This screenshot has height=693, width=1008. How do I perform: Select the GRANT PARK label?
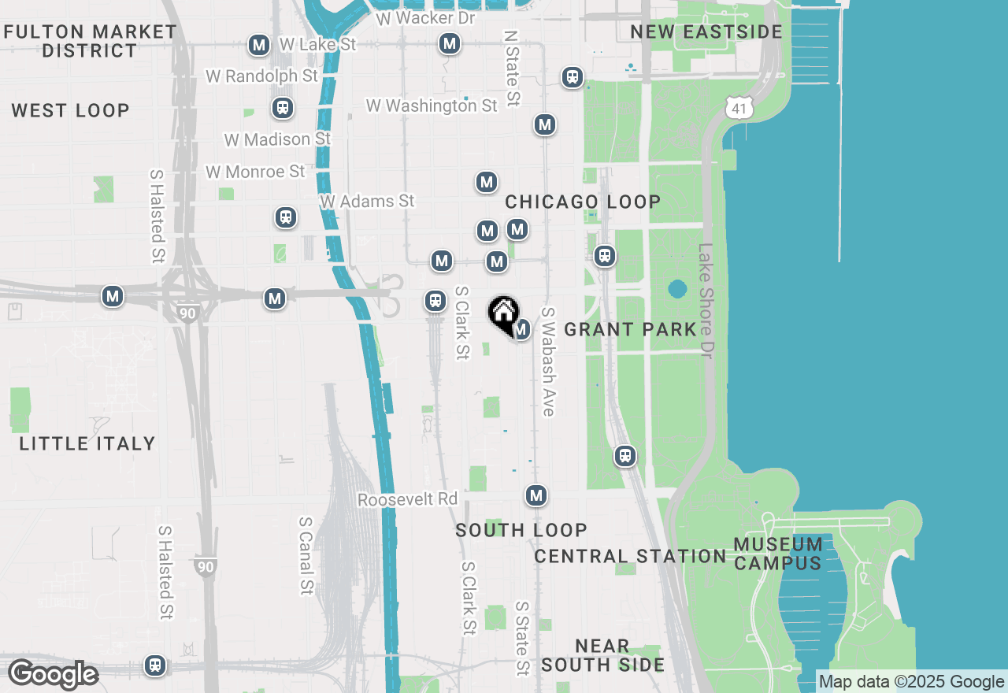click(631, 329)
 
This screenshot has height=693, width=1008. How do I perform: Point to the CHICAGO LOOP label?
click(583, 202)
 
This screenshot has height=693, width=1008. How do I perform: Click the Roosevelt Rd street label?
click(407, 499)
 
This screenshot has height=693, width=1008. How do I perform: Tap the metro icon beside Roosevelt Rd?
click(536, 495)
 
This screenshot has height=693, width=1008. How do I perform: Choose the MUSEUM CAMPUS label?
click(778, 554)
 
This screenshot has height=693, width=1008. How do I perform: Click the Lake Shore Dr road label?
click(706, 300)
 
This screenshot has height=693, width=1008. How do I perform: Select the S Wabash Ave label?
click(548, 361)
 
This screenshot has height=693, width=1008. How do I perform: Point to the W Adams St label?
click(367, 202)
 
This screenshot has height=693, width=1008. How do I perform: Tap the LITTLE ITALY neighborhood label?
click(87, 443)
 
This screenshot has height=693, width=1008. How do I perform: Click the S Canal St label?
click(306, 555)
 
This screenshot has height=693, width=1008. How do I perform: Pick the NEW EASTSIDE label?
click(706, 32)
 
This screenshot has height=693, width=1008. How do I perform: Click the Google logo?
click(53, 674)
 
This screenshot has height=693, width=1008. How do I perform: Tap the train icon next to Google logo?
click(156, 665)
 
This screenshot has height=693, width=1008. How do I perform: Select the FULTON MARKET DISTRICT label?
click(90, 41)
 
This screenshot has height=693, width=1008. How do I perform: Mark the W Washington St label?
click(432, 106)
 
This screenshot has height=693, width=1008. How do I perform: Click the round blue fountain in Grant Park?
click(677, 289)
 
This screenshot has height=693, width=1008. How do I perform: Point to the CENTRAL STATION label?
click(630, 556)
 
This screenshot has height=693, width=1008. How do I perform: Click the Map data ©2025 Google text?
click(912, 682)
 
